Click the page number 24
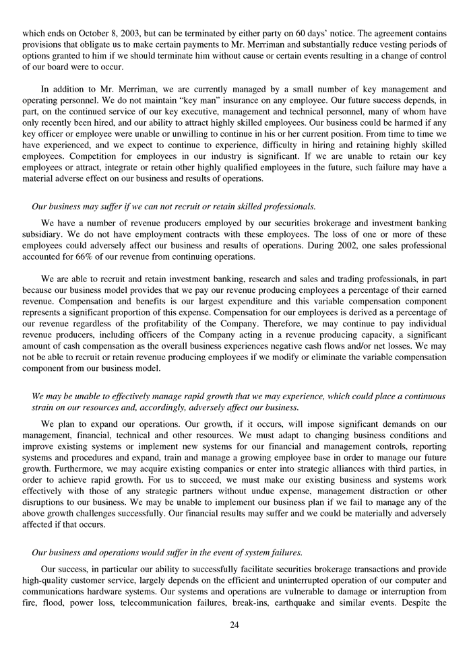click(x=234, y=625)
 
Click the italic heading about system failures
click(x=167, y=552)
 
